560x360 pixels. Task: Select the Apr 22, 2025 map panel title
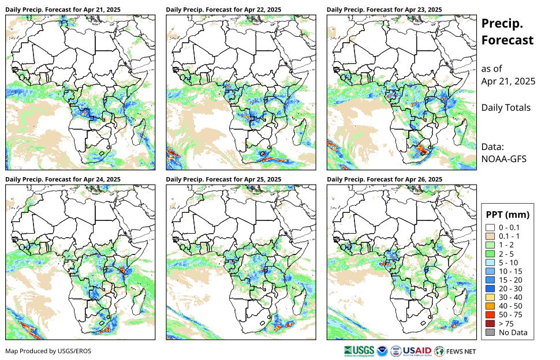(223, 10)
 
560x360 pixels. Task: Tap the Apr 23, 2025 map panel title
(384, 10)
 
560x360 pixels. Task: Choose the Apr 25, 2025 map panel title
(223, 179)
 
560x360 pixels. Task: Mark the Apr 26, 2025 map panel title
(384, 179)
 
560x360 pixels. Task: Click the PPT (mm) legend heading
(507, 215)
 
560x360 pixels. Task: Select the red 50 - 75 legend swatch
(490, 315)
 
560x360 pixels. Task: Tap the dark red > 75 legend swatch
(490, 324)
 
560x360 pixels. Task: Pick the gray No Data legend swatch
(490, 332)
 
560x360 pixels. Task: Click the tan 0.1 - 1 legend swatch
(490, 236)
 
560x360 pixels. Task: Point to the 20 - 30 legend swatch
(490, 288)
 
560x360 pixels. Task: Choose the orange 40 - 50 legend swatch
(490, 306)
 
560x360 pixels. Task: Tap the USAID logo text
(416, 351)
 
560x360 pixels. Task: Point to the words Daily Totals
(506, 107)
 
